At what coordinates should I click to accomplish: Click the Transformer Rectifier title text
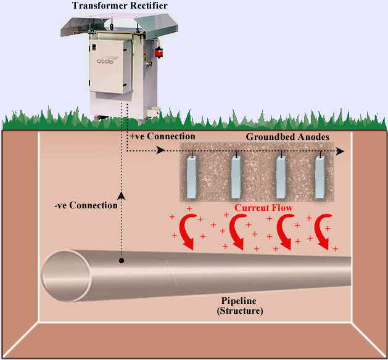click(120, 6)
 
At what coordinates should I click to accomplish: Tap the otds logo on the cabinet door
click(105, 60)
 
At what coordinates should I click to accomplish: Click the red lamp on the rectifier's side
click(159, 52)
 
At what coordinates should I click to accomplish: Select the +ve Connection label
click(162, 136)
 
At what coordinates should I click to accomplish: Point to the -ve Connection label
click(86, 205)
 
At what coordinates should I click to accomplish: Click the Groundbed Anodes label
click(287, 137)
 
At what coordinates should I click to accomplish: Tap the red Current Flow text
click(263, 208)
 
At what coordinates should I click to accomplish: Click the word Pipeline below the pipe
click(239, 301)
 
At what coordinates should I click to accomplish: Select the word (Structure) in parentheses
click(240, 311)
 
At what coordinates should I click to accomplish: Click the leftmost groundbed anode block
click(191, 177)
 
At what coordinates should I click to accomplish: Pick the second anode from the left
click(236, 177)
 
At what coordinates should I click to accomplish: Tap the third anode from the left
click(281, 177)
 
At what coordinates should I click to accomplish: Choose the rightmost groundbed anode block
click(320, 177)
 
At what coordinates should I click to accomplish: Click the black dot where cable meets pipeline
click(122, 261)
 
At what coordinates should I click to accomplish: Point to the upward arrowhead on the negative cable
click(122, 195)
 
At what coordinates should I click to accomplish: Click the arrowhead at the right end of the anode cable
click(341, 151)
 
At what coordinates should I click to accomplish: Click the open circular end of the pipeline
click(65, 276)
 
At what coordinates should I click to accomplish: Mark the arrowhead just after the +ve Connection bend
click(161, 150)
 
